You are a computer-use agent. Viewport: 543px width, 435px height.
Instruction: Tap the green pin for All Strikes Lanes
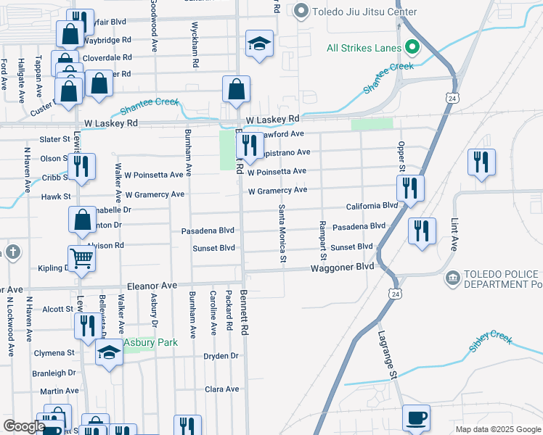pos(412,49)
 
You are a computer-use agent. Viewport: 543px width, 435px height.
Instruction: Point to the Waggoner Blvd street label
pos(342,267)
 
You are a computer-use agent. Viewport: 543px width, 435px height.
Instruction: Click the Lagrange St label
pos(387,355)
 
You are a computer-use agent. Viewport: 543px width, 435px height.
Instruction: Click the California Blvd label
pos(372,206)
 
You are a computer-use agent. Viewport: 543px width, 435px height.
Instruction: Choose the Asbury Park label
pos(141,342)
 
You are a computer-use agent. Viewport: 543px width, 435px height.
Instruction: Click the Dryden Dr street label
pos(221,356)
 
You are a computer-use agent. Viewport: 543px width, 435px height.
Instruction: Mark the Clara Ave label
pos(221,389)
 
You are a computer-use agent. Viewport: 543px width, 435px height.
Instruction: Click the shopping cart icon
pos(82,257)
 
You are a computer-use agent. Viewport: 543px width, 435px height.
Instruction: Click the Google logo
pos(23,427)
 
